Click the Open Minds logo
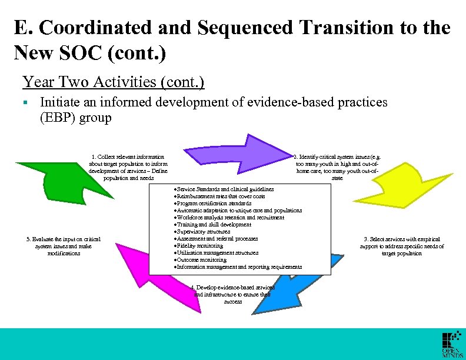tap(452, 345)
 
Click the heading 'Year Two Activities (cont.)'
tap(113, 82)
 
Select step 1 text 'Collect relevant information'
tap(128, 157)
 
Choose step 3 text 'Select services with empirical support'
tap(402, 239)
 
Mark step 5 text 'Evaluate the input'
tap(64, 239)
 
